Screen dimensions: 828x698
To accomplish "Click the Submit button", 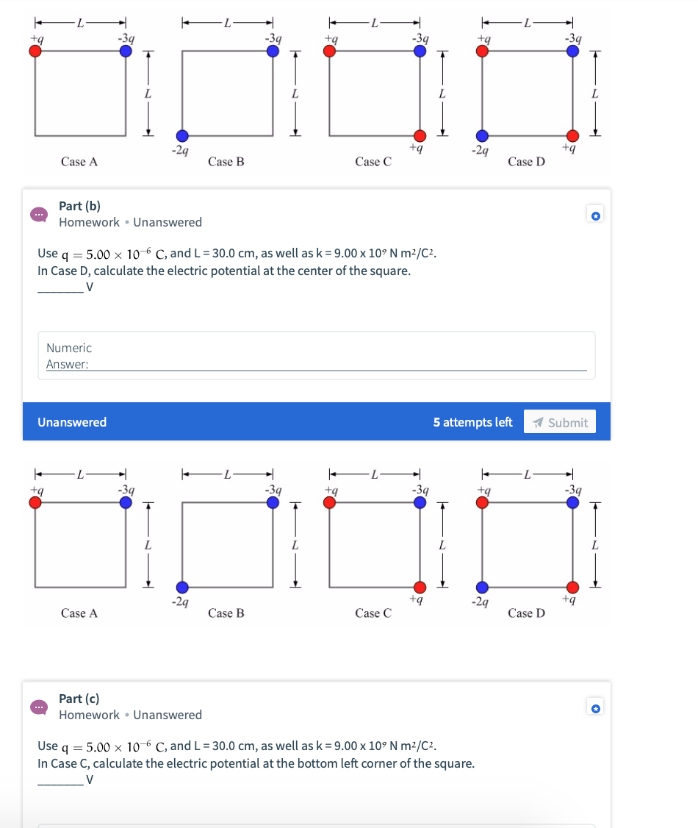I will click(x=560, y=422).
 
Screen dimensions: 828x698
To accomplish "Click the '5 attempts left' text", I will click(x=472, y=422).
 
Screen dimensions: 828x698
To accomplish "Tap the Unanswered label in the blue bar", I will click(x=72, y=422).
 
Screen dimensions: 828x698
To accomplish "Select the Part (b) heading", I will click(x=79, y=206).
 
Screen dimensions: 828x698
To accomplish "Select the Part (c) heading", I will click(x=79, y=699).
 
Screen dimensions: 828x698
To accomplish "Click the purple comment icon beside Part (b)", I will click(x=37, y=214).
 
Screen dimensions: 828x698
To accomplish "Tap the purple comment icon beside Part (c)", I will click(x=37, y=707).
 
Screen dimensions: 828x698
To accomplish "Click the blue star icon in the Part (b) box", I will click(x=596, y=216).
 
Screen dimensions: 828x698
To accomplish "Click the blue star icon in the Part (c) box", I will click(x=596, y=709).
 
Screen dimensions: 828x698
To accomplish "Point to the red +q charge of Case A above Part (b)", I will click(x=35, y=51).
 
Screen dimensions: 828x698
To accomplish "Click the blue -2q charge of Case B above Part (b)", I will click(x=181, y=136).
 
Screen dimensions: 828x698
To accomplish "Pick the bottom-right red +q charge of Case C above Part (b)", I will click(x=419, y=136).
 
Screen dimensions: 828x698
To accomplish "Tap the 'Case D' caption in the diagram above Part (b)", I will click(x=526, y=162).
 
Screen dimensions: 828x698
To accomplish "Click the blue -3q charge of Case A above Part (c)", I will click(x=126, y=502).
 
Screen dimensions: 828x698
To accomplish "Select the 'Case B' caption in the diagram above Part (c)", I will click(x=226, y=613).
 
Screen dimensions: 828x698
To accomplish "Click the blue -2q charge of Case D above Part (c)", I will click(x=481, y=588).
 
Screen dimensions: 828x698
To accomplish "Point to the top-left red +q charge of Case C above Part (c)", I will click(x=330, y=502).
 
